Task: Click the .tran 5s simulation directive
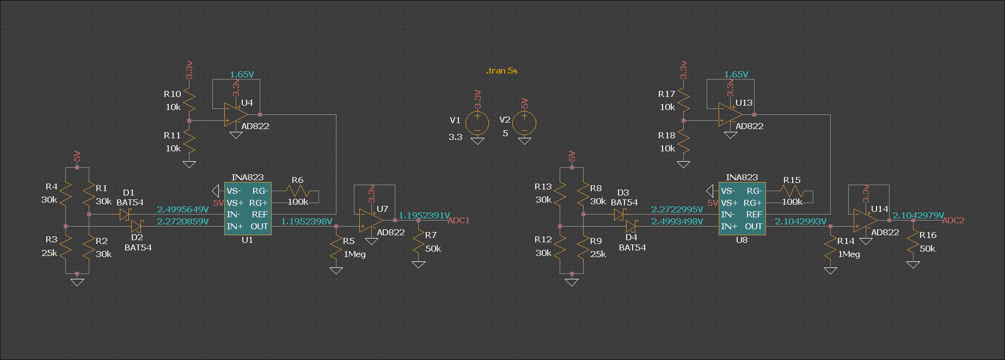[x=501, y=71]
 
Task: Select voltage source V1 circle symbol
[x=477, y=123]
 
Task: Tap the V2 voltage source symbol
[x=524, y=123]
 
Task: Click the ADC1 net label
[x=458, y=221]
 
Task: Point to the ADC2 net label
[x=953, y=221]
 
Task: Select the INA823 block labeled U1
[x=248, y=209]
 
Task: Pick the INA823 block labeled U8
[x=742, y=209]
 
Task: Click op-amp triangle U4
[x=235, y=115]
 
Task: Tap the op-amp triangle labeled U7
[x=371, y=221]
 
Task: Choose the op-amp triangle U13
[x=730, y=115]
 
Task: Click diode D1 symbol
[x=124, y=215]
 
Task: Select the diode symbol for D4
[x=632, y=226]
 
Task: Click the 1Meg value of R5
[x=354, y=254]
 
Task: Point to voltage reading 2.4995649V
[x=183, y=210]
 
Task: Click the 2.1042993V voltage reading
[x=800, y=222]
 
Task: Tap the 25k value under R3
[x=49, y=253]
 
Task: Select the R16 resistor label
[x=928, y=235]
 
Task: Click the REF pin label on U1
[x=260, y=215]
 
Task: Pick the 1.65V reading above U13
[x=736, y=75]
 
